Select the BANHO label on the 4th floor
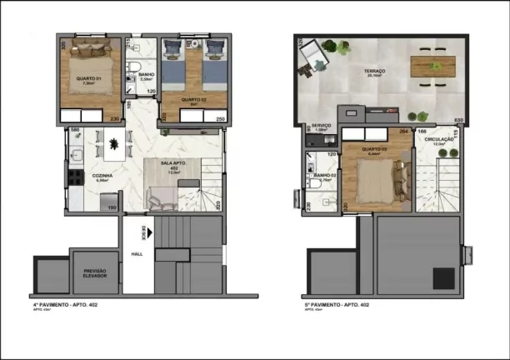click(132, 75)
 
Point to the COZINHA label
click(102, 176)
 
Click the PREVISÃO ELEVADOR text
click(92, 274)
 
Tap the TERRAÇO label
click(374, 72)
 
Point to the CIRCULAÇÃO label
click(439, 140)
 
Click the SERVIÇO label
click(322, 126)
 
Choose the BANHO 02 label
click(323, 175)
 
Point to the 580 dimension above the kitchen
click(74, 130)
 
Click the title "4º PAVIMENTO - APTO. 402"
click(69, 305)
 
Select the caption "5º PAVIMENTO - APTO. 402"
click(337, 305)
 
